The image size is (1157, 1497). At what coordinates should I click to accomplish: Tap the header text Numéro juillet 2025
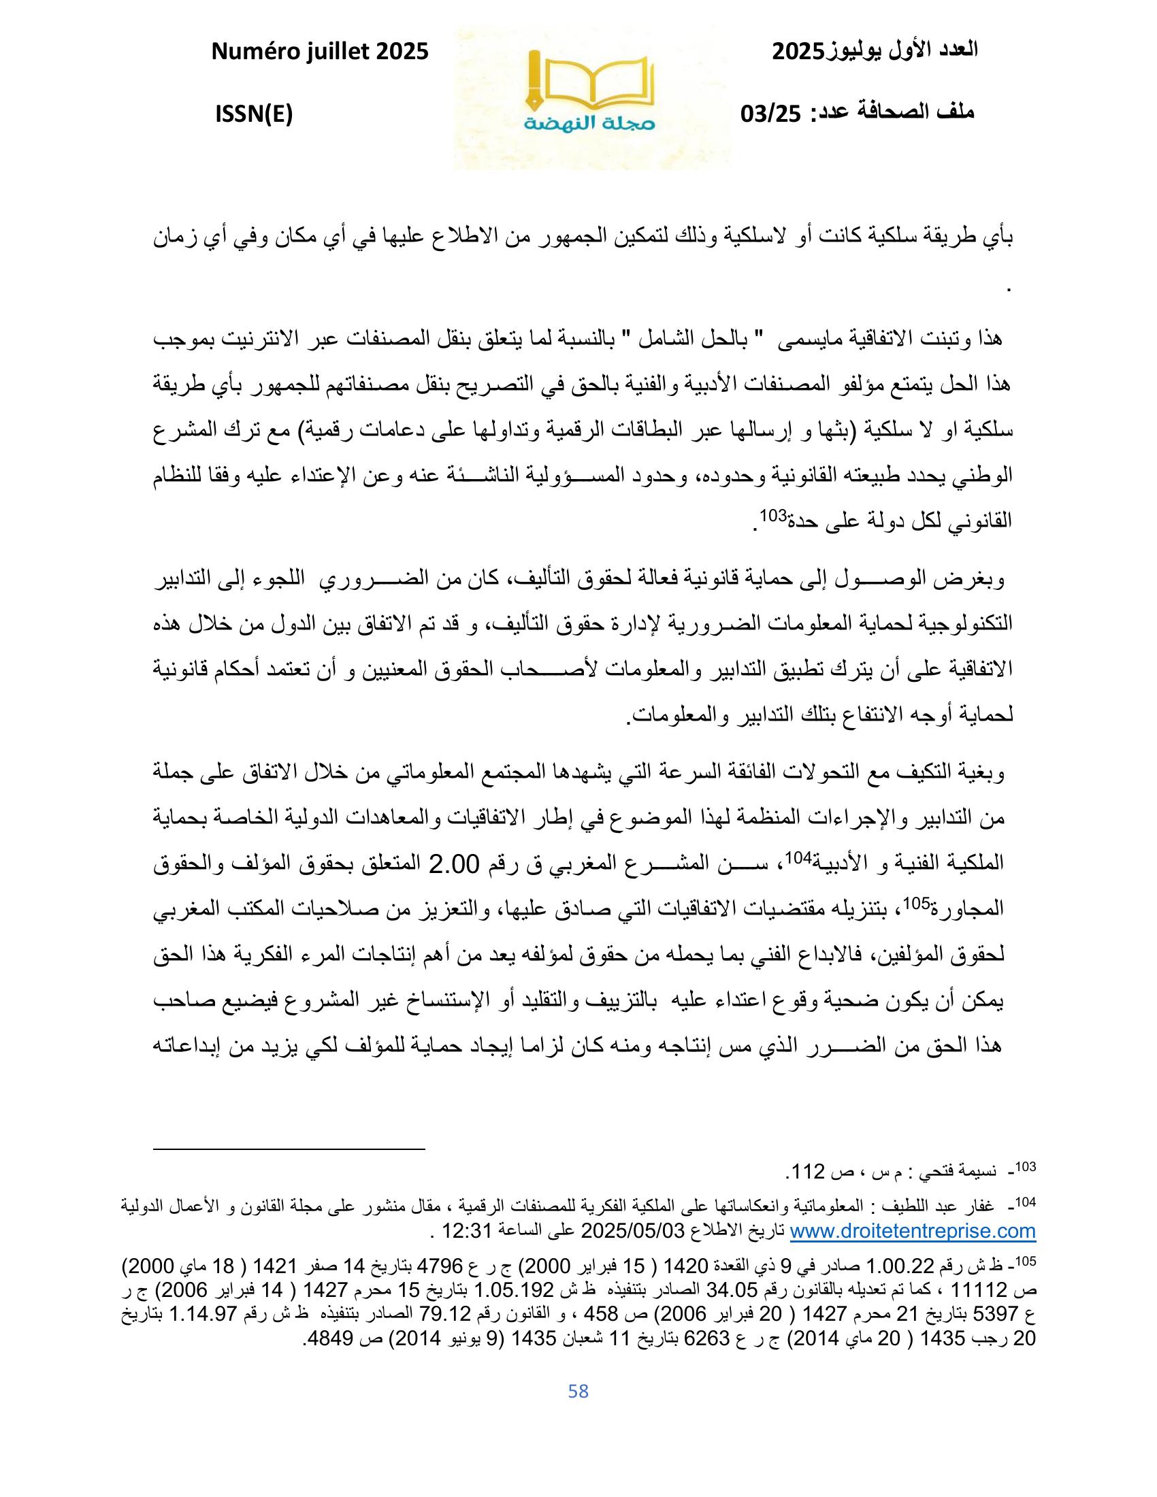coord(320,52)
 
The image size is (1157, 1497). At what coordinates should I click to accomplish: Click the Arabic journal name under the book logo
coord(590,124)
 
